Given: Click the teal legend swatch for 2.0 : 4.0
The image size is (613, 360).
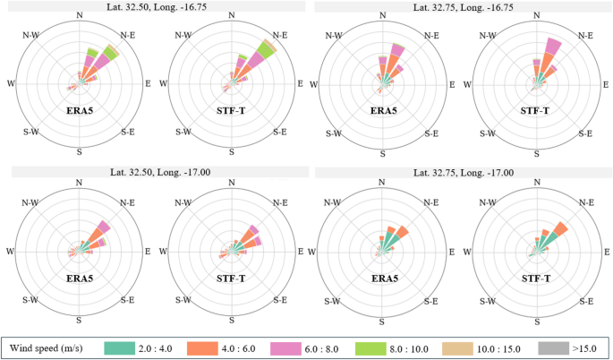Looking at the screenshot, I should pos(121,346).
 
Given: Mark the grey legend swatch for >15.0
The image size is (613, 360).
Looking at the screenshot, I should pos(552,346).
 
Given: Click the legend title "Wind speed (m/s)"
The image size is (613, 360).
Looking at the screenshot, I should pos(47,346).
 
